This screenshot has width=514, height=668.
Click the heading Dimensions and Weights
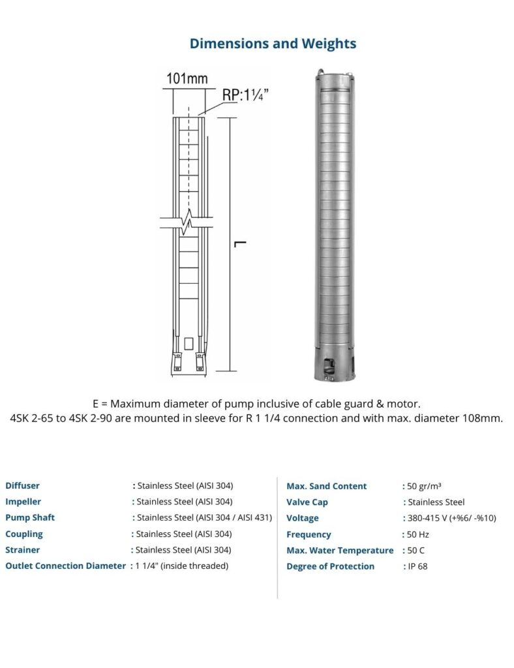[x=273, y=44]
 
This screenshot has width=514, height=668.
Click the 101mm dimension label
[x=187, y=79]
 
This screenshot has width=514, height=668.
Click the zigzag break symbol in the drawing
[x=187, y=223]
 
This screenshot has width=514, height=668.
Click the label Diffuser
[x=22, y=486]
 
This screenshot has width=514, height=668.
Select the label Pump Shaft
[x=30, y=518]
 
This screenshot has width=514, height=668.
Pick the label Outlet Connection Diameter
[x=65, y=566]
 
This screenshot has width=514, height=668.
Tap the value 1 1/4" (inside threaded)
[x=182, y=566]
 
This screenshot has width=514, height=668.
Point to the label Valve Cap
[x=307, y=502]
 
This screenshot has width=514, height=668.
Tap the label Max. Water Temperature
[x=340, y=551]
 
